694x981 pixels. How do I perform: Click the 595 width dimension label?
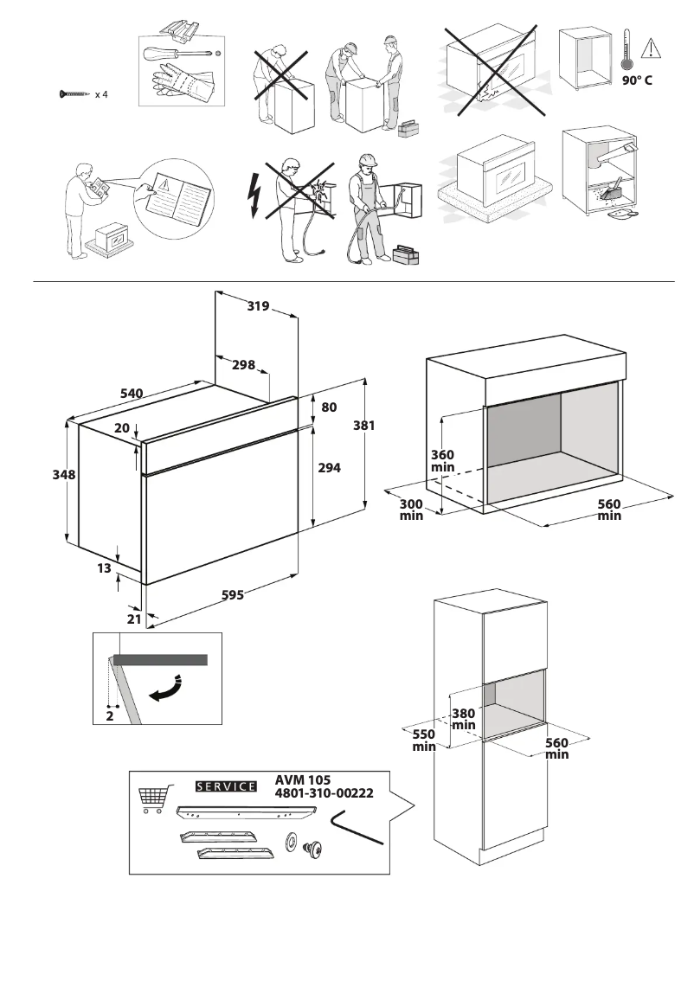[232, 595]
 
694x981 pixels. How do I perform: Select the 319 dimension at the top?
[258, 305]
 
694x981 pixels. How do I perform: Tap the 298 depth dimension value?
[243, 365]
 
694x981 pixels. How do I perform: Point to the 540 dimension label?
[131, 394]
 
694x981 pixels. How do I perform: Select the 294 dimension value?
[329, 467]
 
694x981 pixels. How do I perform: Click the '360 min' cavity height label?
[443, 461]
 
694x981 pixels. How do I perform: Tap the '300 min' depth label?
[411, 510]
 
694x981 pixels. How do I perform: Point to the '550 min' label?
[423, 740]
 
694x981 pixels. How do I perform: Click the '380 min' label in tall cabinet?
[464, 719]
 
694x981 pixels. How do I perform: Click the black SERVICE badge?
[227, 786]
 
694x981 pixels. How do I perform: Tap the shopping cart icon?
[151, 799]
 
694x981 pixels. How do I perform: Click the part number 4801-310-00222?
[325, 793]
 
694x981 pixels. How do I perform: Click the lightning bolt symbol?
[254, 195]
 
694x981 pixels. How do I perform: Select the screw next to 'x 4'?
[74, 93]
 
